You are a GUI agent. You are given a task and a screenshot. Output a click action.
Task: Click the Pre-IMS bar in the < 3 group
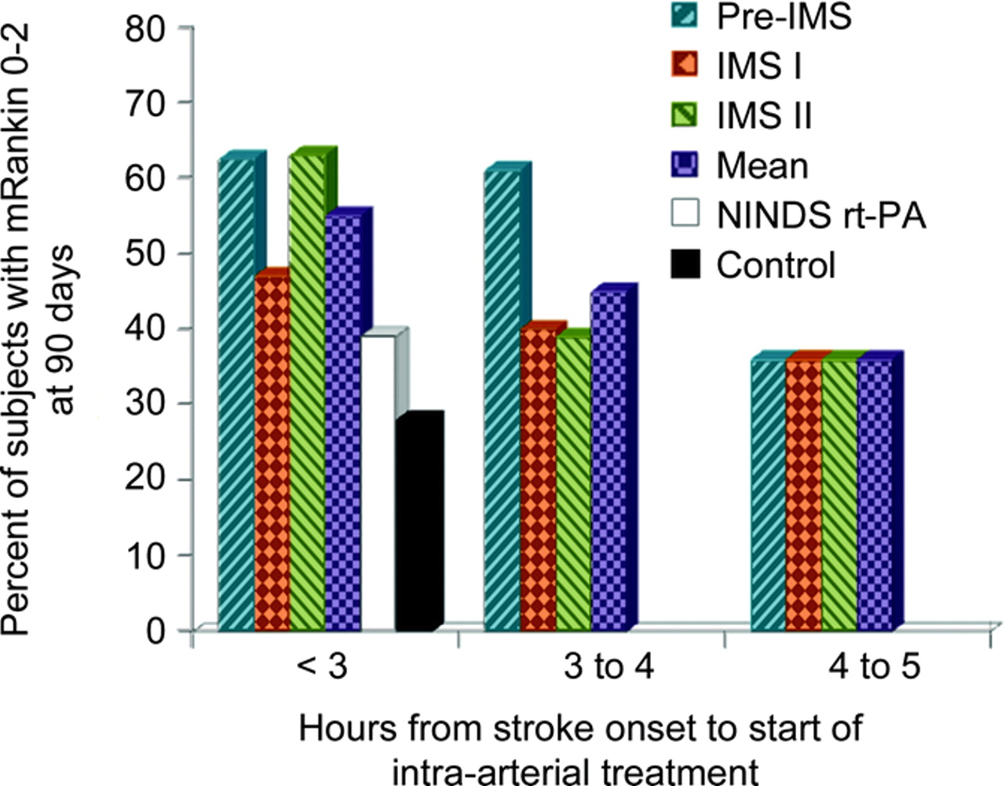tap(236, 392)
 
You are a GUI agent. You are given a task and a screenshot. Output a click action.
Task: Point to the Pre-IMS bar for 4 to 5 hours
tap(769, 494)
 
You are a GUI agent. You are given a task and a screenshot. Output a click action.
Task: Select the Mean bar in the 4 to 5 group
tap(875, 494)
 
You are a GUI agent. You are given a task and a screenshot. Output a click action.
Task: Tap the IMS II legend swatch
tap(688, 116)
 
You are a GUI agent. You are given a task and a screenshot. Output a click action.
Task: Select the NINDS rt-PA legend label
tap(820, 216)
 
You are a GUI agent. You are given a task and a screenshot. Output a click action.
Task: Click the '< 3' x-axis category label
tap(322, 668)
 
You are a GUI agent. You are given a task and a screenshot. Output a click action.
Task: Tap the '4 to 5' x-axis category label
tap(874, 668)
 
